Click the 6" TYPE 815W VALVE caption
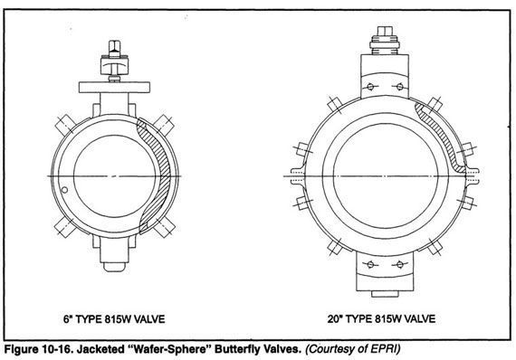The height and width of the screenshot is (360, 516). tap(114, 319)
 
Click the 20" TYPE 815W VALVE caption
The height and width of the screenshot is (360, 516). tap(381, 318)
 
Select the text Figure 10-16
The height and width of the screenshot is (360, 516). tap(38, 349)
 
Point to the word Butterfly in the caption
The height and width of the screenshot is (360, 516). tap(236, 349)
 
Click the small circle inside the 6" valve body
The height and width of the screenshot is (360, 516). tap(64, 190)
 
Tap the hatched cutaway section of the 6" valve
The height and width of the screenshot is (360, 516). tap(156, 175)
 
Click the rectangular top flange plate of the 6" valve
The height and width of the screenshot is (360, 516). tap(114, 87)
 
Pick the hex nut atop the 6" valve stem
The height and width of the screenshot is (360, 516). tap(115, 49)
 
